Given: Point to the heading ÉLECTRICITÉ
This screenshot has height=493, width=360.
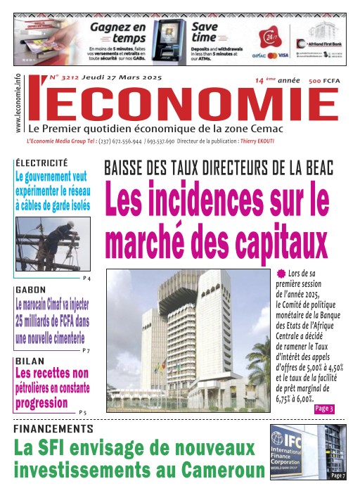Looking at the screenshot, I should click(x=41, y=162).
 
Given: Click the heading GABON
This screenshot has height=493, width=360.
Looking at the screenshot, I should click(x=31, y=290).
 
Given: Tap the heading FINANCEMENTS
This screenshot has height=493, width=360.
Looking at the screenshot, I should click(x=53, y=428).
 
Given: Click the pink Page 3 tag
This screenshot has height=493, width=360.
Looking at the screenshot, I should click(x=323, y=409).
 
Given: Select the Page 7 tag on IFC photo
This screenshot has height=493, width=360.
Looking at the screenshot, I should click(x=337, y=476).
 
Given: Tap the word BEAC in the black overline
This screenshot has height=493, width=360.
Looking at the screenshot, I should click(x=308, y=169).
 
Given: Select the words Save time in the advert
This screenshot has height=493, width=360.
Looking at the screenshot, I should click(x=208, y=32).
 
